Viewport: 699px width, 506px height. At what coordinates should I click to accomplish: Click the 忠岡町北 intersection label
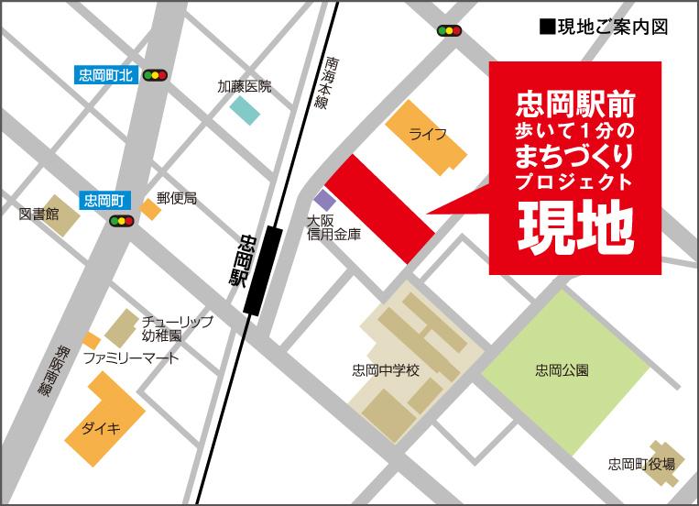point(106,75)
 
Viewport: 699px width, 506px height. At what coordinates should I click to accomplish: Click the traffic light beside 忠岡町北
point(155,75)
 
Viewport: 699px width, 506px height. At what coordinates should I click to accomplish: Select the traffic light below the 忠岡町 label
point(122,221)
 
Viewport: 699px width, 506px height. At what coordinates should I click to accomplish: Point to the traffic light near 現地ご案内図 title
point(450,31)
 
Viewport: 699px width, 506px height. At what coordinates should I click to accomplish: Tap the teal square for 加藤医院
point(245,110)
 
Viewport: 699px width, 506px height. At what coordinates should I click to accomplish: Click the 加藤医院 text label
point(245,87)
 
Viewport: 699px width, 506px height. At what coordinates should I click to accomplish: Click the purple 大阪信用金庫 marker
point(324,199)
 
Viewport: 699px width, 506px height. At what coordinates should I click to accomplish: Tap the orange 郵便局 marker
point(149,210)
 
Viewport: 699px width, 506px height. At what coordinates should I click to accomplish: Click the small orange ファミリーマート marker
point(91,341)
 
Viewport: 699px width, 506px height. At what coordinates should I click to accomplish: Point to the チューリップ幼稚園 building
point(121,327)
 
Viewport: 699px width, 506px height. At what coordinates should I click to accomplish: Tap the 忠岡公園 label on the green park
point(562,371)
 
